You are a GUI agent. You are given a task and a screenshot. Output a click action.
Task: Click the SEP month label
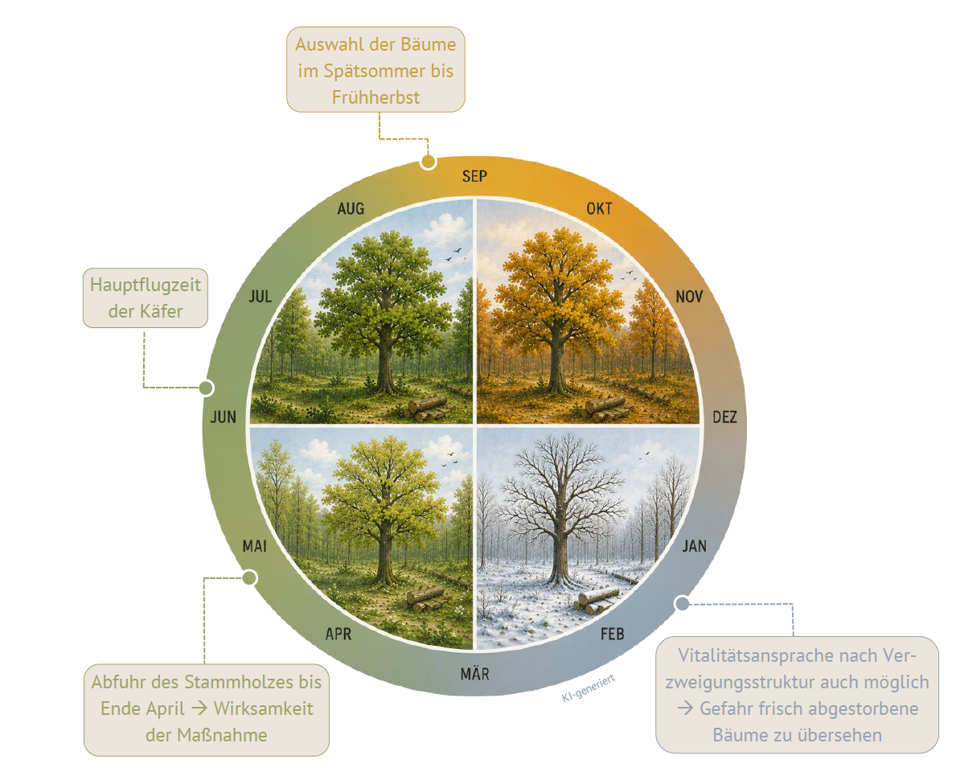[x=474, y=176]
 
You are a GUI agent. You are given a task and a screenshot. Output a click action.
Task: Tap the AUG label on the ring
[x=351, y=209]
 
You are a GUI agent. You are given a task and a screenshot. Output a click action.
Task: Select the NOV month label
[x=689, y=297]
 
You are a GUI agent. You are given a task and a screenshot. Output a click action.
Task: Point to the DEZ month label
[x=725, y=417]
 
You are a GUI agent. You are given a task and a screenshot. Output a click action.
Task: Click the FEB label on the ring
[x=612, y=634]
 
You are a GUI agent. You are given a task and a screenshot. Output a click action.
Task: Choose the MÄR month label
[x=475, y=674]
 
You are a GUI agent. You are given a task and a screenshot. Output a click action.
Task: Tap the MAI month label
[x=255, y=546]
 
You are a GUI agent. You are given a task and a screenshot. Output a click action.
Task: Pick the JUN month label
[x=224, y=417]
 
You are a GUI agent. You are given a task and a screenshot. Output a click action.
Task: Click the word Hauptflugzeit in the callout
[x=145, y=285]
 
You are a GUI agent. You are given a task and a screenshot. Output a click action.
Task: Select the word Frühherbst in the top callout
[x=376, y=97]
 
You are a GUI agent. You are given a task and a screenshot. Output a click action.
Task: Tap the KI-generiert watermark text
[x=589, y=688]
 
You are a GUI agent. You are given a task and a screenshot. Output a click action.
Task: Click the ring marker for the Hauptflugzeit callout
[x=207, y=388]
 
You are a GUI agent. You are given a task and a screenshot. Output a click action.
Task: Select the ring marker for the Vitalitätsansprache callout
[x=682, y=603]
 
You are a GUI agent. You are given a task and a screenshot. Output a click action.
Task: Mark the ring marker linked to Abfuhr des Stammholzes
[x=250, y=577]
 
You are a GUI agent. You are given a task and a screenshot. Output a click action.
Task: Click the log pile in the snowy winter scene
[x=597, y=599]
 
